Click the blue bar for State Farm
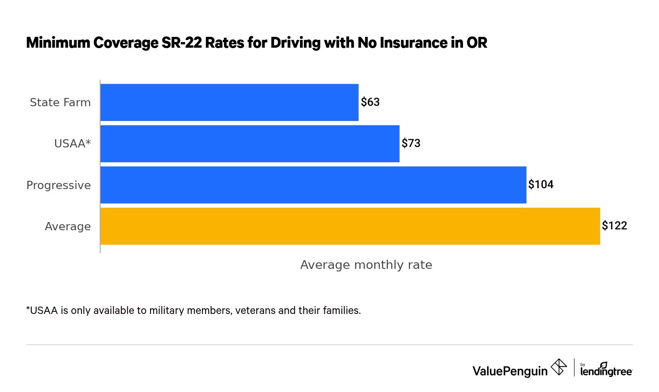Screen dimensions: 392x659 [x=229, y=102]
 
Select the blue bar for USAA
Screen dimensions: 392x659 [x=250, y=144]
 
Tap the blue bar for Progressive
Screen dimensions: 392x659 [x=313, y=185]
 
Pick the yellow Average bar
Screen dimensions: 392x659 [x=350, y=226]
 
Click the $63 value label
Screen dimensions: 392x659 [x=370, y=102]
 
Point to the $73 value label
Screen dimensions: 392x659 [x=411, y=143]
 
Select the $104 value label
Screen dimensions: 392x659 [x=541, y=184]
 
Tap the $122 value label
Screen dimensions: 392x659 [x=614, y=225]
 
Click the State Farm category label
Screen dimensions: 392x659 [x=60, y=102]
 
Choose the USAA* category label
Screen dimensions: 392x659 [x=72, y=144]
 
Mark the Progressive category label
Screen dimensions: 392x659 [x=59, y=185]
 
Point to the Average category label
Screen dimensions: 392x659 [x=68, y=226]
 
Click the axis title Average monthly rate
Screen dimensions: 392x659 [x=366, y=265]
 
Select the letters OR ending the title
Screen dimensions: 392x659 [x=477, y=42]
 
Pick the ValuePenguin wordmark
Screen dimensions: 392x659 [x=510, y=371]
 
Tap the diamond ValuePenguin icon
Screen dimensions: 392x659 [x=558, y=367]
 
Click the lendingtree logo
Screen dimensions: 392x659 [x=606, y=370]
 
